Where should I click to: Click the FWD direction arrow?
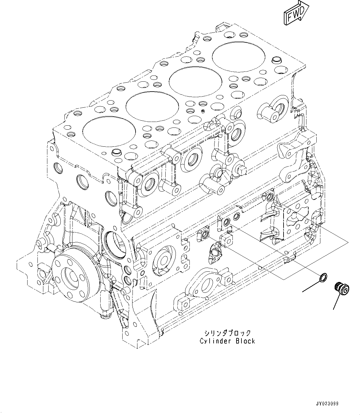click(x=295, y=13)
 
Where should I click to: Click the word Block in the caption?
click(x=245, y=341)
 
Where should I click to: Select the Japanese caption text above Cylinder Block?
click(x=227, y=333)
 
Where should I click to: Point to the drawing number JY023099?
click(x=327, y=404)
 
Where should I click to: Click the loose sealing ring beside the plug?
click(x=322, y=278)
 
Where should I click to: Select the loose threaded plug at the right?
click(x=341, y=288)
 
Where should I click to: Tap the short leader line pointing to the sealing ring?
click(x=310, y=287)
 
